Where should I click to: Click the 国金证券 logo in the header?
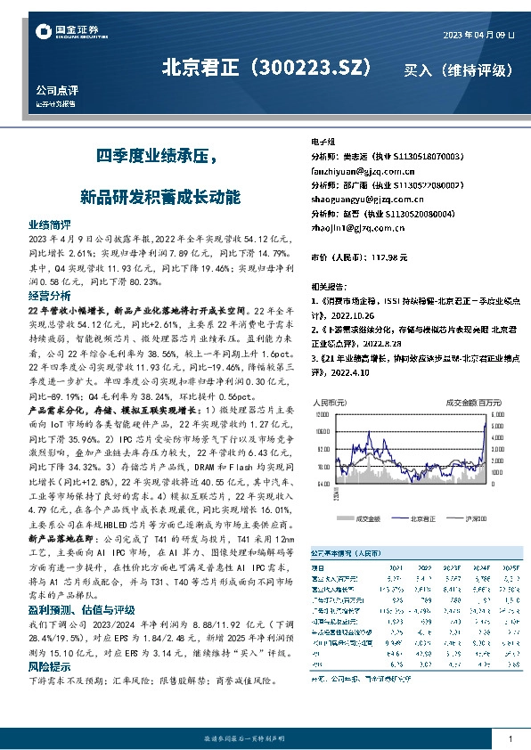(67, 32)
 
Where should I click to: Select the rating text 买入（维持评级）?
(458, 69)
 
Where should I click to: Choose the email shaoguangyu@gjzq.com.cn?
(366, 200)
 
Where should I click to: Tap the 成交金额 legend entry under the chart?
(366, 517)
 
